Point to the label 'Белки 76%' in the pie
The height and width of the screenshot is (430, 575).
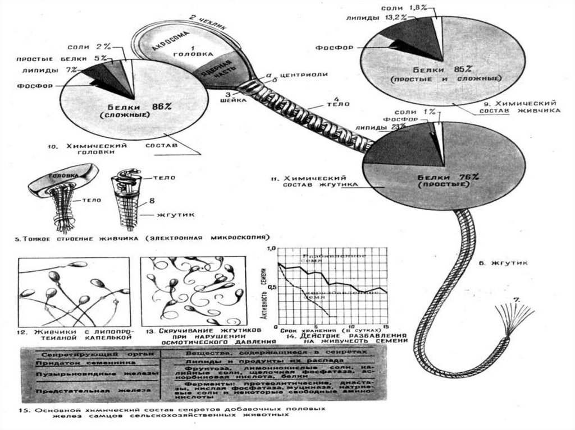click(x=448, y=178)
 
